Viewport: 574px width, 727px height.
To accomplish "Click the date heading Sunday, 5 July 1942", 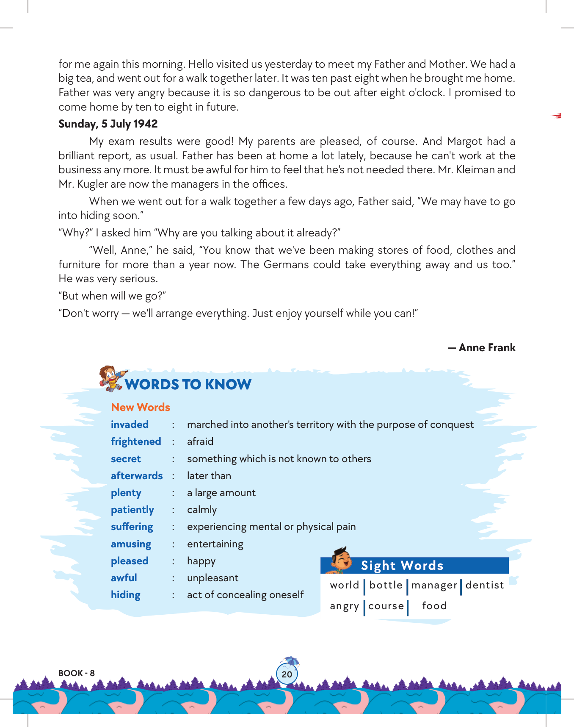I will (108, 124).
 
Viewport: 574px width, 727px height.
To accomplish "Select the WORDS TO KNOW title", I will (188, 384).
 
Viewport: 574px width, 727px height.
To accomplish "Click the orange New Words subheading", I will (141, 407).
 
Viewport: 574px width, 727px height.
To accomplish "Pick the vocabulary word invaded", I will (130, 425).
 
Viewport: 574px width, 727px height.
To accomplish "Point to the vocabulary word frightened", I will (136, 441).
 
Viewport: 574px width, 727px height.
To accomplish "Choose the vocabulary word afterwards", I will (137, 476).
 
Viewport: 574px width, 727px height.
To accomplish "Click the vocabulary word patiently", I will (132, 510).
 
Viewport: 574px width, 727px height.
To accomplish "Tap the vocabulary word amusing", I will (131, 544).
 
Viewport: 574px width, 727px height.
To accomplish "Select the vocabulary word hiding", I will (125, 595).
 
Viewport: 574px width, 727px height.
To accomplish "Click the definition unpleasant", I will (212, 578).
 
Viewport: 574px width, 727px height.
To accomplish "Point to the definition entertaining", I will (215, 544).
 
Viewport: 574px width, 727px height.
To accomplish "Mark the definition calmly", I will (202, 510).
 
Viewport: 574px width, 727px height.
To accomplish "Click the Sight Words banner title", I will (402, 566).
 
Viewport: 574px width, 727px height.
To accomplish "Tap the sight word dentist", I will (485, 585).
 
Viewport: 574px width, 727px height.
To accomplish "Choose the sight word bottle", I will (386, 585).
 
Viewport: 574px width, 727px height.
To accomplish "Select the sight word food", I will (434, 606).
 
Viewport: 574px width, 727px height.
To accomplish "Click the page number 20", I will (287, 674).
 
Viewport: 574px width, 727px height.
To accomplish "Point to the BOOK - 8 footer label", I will (77, 673).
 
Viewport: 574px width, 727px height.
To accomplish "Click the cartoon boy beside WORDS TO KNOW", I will (112, 377).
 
